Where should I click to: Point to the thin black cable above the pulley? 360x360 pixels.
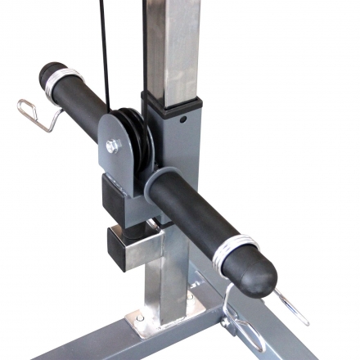click(x=103, y=49)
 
